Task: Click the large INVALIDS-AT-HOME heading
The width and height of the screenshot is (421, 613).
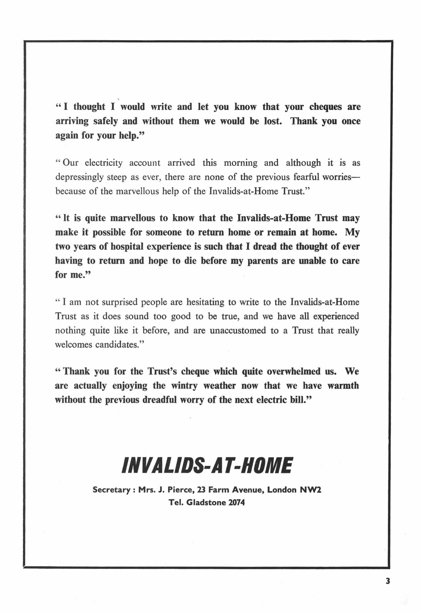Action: (x=207, y=465)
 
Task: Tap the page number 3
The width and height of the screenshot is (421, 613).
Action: (x=388, y=581)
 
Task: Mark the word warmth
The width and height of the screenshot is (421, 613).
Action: (x=343, y=386)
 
